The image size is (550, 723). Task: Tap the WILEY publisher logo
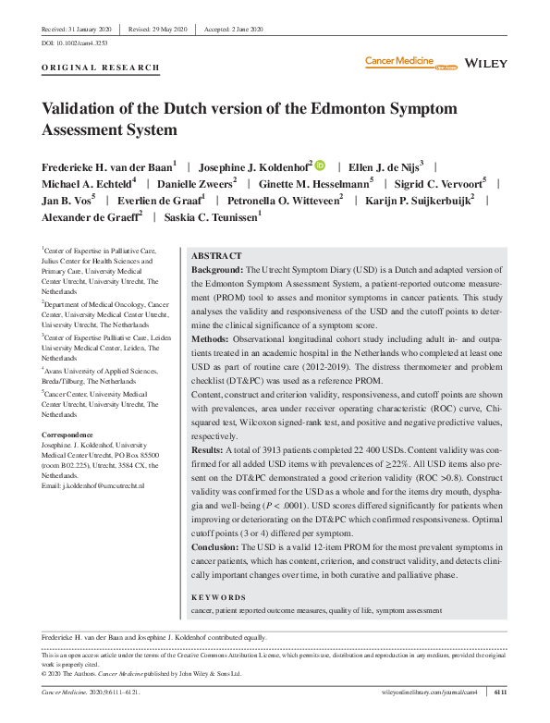486,62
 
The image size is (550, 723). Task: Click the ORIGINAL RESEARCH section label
101,68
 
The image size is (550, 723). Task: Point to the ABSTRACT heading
216,255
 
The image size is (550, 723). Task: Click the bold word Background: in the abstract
217,268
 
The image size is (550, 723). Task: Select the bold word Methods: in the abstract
213,339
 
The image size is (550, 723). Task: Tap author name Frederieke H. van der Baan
108,166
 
